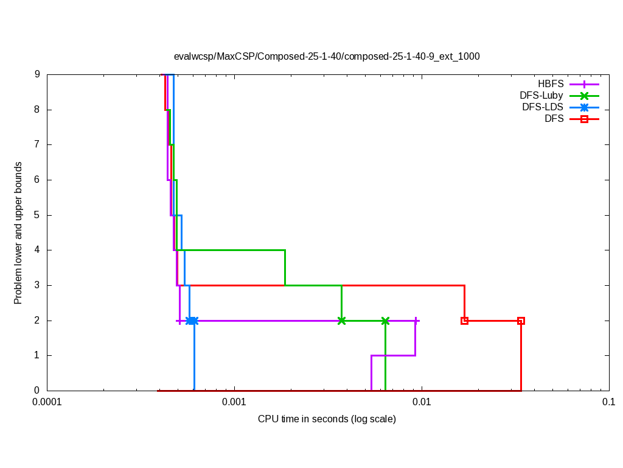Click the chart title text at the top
pyautogui.click(x=327, y=56)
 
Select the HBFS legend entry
pyautogui.click(x=551, y=83)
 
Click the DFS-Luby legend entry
pyautogui.click(x=541, y=95)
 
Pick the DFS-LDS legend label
pyautogui.click(x=542, y=107)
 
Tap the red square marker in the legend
pyautogui.click(x=584, y=119)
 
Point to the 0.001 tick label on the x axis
pyautogui.click(x=234, y=402)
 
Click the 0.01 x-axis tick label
pyautogui.click(x=422, y=402)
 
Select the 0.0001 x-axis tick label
pyautogui.click(x=47, y=402)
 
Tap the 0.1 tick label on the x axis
pyautogui.click(x=608, y=402)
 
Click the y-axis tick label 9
pyautogui.click(x=37, y=74)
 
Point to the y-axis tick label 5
pyautogui.click(x=37, y=215)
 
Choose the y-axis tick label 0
pyautogui.click(x=37, y=391)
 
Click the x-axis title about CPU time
pyautogui.click(x=327, y=419)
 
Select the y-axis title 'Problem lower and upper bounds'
pyautogui.click(x=18, y=233)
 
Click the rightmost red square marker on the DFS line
pyautogui.click(x=521, y=321)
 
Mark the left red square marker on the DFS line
pyautogui.click(x=464, y=321)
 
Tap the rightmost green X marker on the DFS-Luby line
pyautogui.click(x=385, y=321)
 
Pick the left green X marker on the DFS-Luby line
pyautogui.click(x=342, y=321)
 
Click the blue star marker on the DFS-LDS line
pyautogui.click(x=192, y=321)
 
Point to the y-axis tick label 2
pyautogui.click(x=37, y=321)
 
